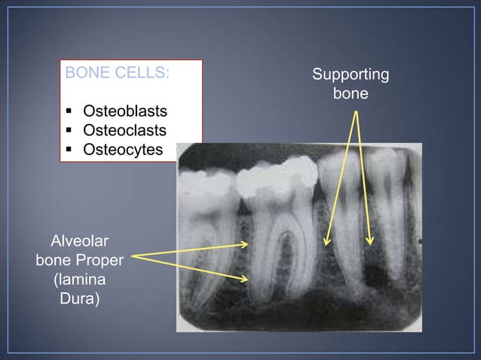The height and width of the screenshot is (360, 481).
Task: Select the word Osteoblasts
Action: point(124,112)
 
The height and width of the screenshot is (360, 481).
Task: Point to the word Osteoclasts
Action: point(124,131)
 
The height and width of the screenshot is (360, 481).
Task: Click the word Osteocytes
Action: point(122,149)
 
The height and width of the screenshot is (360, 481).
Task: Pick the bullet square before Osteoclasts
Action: point(69,132)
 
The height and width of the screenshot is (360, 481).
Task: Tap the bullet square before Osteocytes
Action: point(69,150)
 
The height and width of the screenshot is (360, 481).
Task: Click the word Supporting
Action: point(351,75)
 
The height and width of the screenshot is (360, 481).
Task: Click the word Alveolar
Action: point(79,242)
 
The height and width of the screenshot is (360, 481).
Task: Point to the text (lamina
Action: point(79,279)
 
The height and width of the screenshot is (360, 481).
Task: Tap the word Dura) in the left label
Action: point(79,298)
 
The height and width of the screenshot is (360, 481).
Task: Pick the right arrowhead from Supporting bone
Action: point(370,241)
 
